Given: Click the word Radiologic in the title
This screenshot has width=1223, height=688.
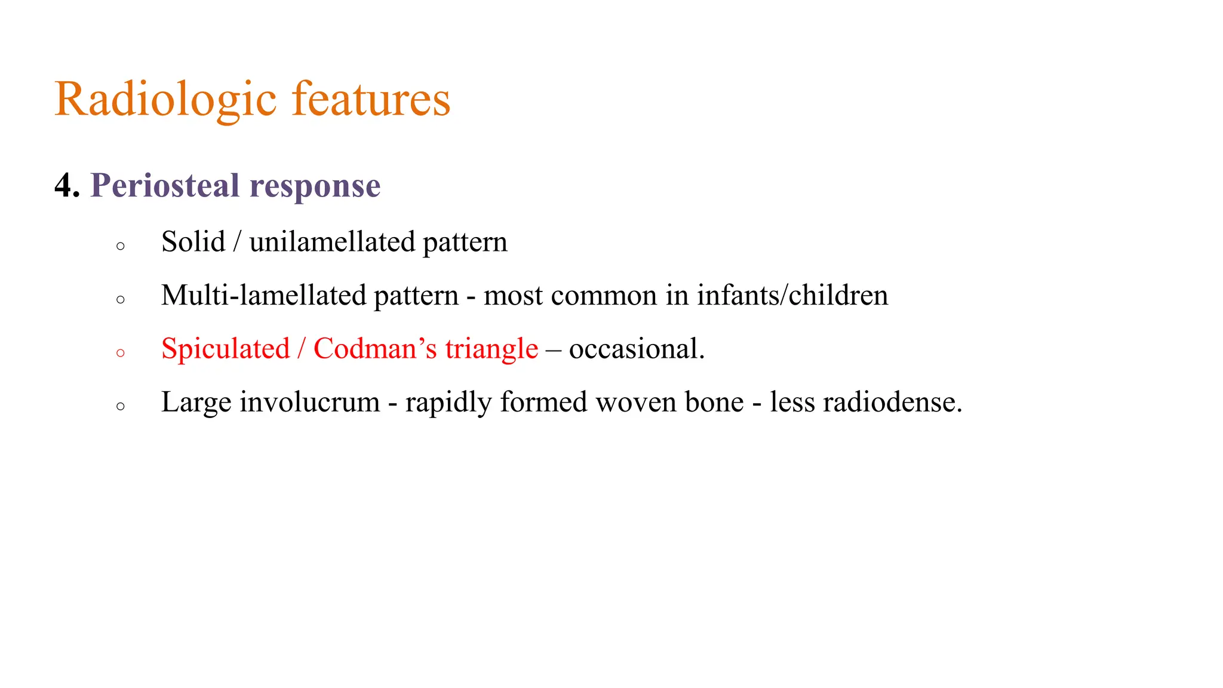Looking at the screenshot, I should [165, 99].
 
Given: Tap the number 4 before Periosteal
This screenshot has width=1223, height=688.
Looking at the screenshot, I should [63, 186].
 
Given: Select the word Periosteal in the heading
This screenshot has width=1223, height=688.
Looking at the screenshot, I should [165, 186].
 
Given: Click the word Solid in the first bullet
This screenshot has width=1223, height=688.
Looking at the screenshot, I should [193, 242].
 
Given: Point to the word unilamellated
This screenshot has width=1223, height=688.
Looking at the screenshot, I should [332, 242].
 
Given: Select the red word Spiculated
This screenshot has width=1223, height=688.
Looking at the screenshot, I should [225, 349].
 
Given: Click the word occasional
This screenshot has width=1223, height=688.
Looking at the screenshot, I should [637, 349].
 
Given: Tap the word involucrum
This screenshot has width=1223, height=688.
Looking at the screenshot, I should [309, 402].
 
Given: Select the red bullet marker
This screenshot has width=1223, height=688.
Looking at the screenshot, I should [121, 353].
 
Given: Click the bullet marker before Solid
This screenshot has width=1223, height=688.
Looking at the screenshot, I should [121, 246].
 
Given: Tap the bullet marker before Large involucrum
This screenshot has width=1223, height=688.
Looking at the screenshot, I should [121, 407].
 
